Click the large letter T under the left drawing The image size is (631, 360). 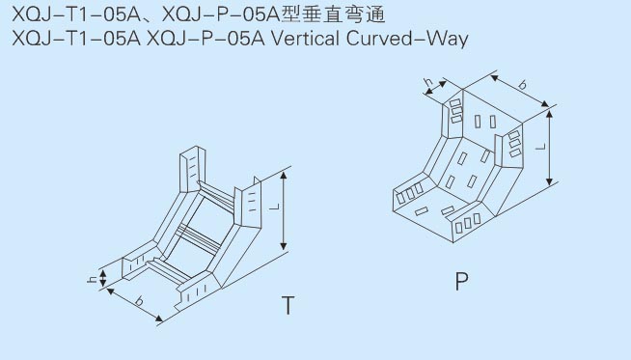[x=288, y=305]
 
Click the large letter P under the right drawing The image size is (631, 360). [x=461, y=281]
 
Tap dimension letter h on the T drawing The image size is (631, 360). [x=93, y=279]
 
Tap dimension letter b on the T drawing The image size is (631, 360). [x=139, y=300]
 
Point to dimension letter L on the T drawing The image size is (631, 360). [x=274, y=207]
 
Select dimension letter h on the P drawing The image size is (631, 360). [x=429, y=83]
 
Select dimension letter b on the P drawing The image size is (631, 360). [x=522, y=85]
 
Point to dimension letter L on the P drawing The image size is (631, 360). [x=541, y=147]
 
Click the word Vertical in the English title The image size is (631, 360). [x=306, y=39]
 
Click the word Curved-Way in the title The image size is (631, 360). [x=407, y=40]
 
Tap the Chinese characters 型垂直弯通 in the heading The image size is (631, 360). [x=333, y=14]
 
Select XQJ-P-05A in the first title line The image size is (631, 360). [x=220, y=14]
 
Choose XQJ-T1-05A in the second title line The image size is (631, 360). [x=76, y=39]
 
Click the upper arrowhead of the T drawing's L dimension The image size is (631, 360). [x=284, y=176]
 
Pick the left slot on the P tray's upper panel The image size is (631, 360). [x=478, y=122]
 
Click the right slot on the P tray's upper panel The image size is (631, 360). [x=493, y=122]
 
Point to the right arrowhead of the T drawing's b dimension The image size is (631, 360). [x=159, y=318]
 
